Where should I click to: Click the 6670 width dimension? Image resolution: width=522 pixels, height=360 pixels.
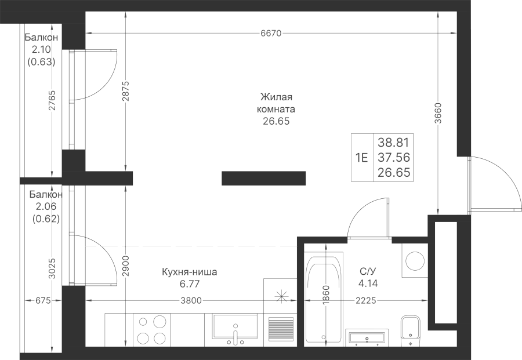coord(271,33)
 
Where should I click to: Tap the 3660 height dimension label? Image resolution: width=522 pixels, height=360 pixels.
coord(438,113)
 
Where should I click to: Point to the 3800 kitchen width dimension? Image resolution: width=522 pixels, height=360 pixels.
coord(191,301)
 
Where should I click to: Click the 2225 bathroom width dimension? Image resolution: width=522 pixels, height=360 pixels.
coord(366,301)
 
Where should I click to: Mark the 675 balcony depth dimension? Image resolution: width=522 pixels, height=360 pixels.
coord(43,301)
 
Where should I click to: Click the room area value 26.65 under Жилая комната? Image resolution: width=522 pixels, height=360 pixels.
coord(276,121)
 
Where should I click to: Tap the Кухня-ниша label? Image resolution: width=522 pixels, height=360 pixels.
coord(189,272)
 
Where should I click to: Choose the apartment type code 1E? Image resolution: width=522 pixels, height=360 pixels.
coord(362,158)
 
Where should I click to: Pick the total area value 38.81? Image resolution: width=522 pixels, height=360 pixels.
coord(393,143)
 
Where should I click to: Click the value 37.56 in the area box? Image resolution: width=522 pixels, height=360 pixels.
coord(393,157)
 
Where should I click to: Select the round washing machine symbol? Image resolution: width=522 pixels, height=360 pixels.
coord(415,260)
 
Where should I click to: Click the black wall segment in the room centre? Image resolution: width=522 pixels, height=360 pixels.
coord(264,178)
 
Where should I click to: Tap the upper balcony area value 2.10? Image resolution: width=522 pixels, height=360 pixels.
coord(41,50)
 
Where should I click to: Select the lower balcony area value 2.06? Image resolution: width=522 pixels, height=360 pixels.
coord(46,206)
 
